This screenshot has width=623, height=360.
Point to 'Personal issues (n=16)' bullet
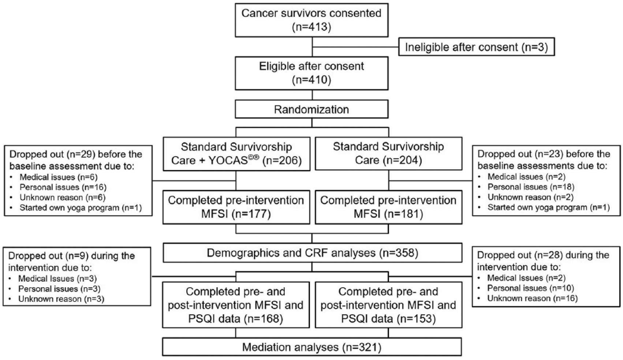pos(63,187)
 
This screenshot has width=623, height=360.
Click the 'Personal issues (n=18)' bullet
pos(531,187)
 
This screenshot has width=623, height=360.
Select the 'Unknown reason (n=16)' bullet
pos(532,298)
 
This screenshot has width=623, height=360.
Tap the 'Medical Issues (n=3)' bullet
pos(57,278)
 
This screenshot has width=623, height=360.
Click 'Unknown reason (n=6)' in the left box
pos(63,197)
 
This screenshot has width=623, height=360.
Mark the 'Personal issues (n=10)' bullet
pos(531,288)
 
